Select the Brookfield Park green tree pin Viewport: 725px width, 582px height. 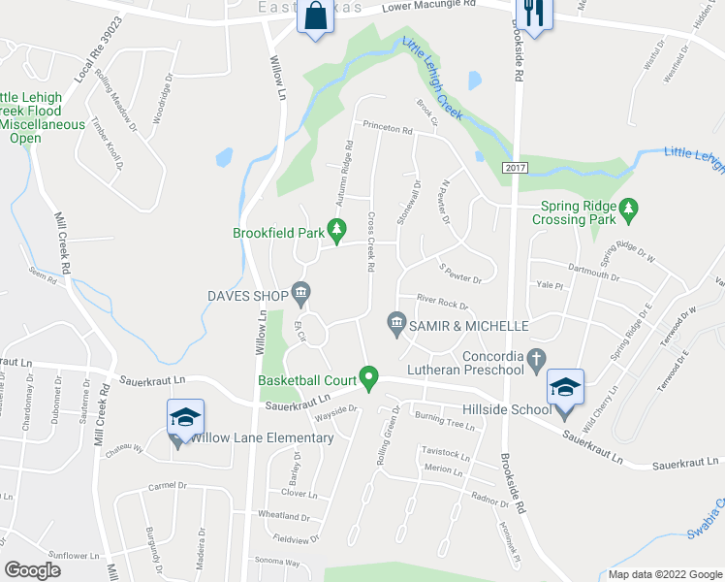[336, 230]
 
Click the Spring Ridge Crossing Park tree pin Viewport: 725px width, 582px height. [629, 208]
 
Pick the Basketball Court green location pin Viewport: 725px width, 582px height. [368, 375]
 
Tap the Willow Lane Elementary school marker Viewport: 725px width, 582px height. [184, 419]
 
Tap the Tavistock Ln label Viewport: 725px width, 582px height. [445, 454]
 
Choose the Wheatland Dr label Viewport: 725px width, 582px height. [283, 515]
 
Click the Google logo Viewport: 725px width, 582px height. [33, 570]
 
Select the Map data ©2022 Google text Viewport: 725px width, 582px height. [665, 574]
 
